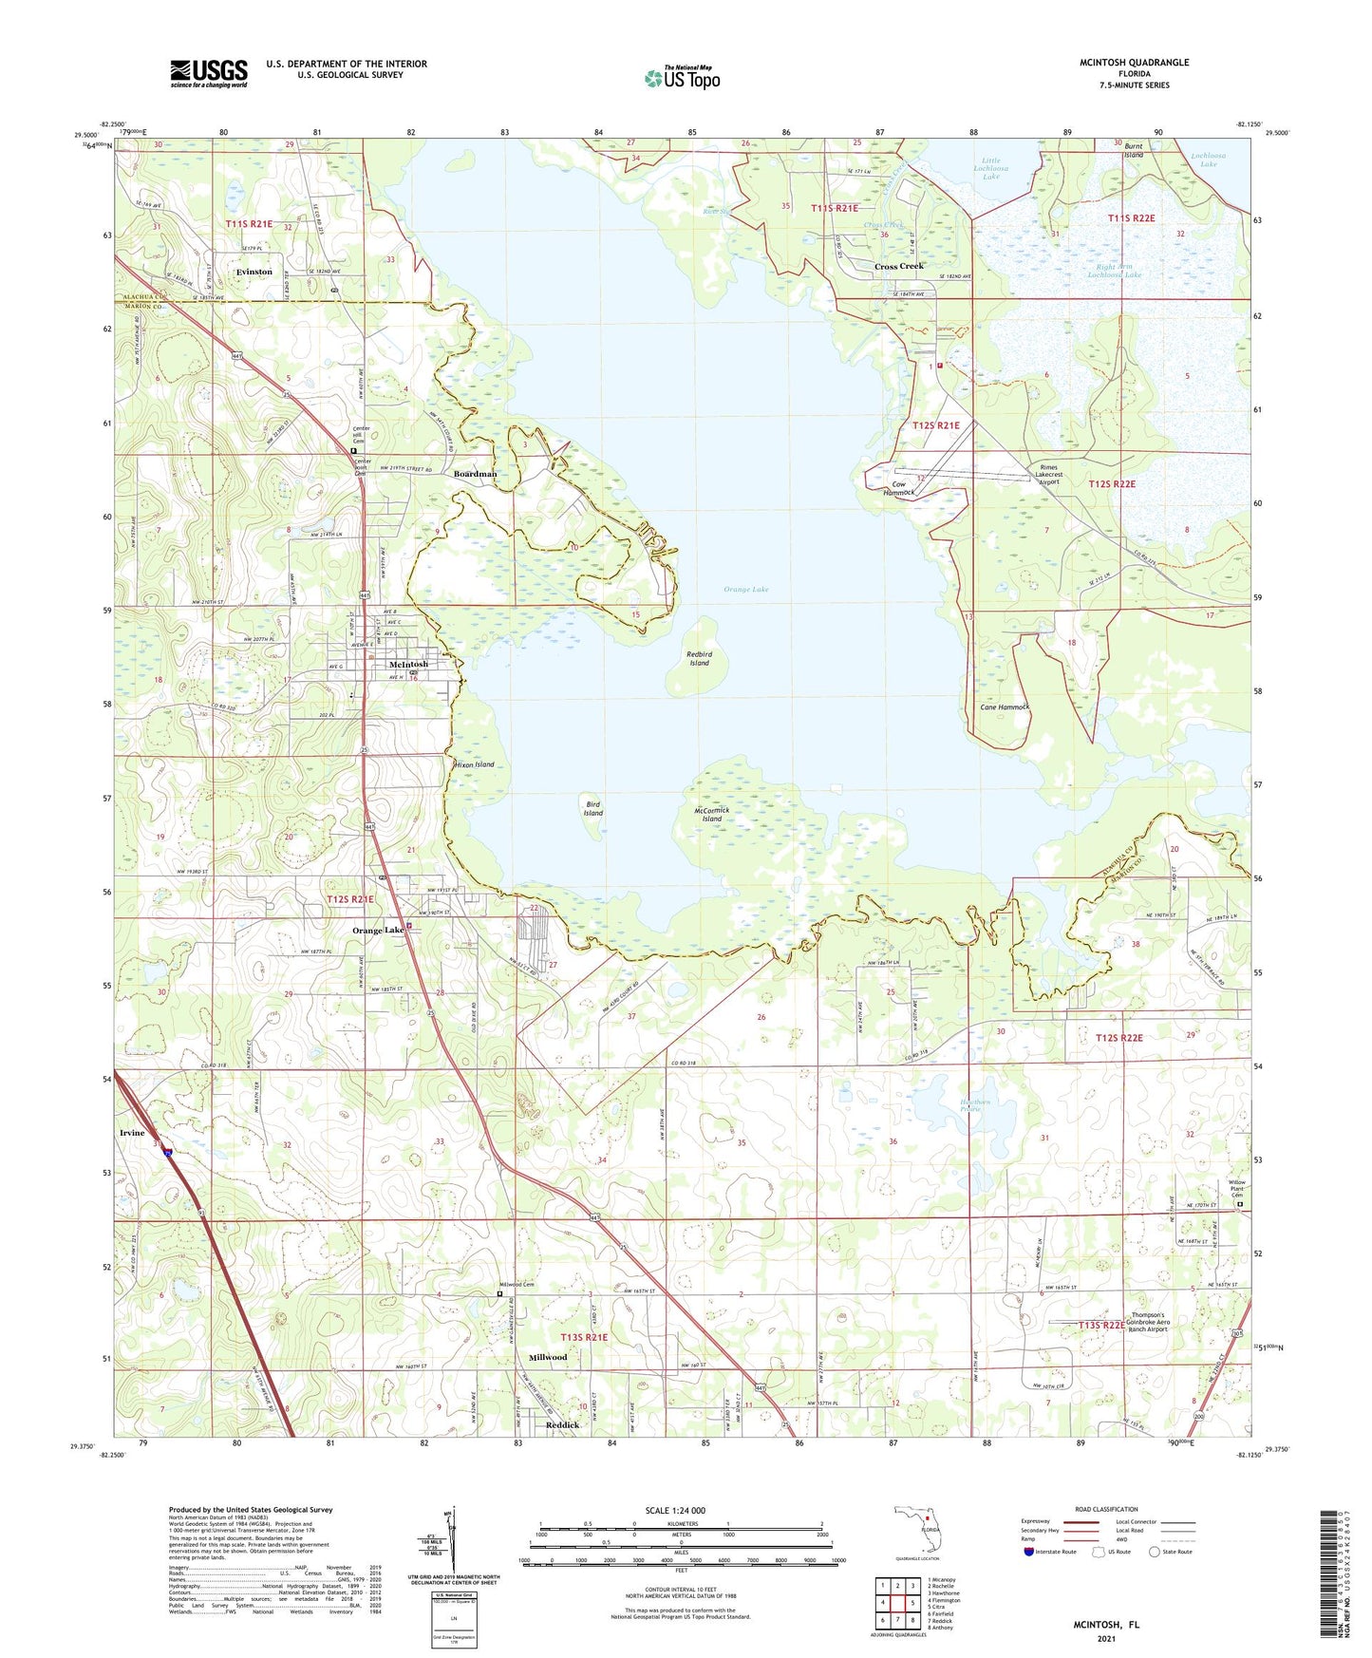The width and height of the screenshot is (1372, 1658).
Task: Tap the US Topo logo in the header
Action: pyautogui.click(x=682, y=78)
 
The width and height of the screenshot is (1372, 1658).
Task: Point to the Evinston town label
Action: pyautogui.click(x=254, y=272)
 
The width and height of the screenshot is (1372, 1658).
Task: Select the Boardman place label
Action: pyautogui.click(x=475, y=474)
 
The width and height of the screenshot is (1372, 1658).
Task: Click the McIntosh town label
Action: pyautogui.click(x=408, y=664)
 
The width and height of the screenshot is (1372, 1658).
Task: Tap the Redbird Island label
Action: pyautogui.click(x=700, y=658)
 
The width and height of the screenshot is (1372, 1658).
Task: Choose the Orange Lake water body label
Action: pyautogui.click(x=745, y=590)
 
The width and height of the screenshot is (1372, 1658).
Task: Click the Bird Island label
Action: pyautogui.click(x=593, y=808)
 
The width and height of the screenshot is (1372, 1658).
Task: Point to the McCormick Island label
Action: pyautogui.click(x=712, y=814)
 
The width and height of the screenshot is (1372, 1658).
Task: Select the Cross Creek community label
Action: pyautogui.click(x=898, y=266)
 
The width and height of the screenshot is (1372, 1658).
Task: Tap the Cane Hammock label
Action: pyautogui.click(x=1005, y=707)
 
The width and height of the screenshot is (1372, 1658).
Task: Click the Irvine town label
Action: pyautogui.click(x=132, y=1133)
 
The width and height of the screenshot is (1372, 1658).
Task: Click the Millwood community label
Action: pyautogui.click(x=548, y=1357)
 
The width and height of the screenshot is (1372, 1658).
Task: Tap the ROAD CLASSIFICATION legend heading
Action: pyautogui.click(x=1106, y=1509)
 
